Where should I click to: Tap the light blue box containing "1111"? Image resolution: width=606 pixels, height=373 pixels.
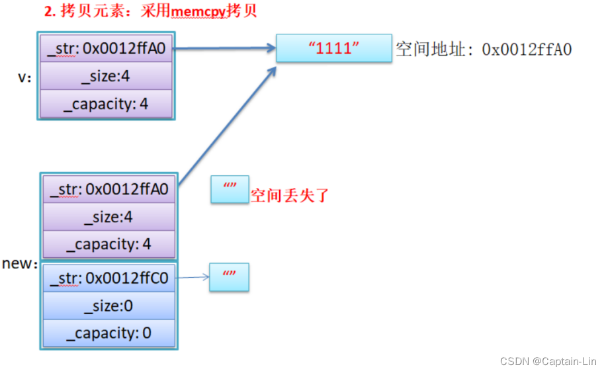[333, 49]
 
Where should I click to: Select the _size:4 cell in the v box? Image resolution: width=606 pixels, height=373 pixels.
[106, 76]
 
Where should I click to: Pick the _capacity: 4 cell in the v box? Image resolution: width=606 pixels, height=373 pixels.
[106, 104]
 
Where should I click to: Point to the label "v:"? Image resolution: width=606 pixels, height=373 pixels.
[25, 77]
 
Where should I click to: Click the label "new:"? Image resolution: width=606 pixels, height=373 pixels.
[20, 263]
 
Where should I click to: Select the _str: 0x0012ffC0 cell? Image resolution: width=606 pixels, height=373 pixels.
[109, 278]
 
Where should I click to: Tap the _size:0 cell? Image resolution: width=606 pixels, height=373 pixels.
[109, 306]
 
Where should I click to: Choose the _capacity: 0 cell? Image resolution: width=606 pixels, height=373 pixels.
[109, 333]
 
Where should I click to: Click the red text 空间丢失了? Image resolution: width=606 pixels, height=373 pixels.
[289, 195]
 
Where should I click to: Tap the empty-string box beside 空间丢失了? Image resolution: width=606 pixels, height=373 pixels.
[230, 190]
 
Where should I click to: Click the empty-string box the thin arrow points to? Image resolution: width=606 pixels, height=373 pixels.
[230, 277]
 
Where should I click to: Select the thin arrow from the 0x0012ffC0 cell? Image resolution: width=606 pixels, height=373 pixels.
[193, 278]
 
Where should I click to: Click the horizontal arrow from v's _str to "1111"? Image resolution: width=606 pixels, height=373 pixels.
[225, 48]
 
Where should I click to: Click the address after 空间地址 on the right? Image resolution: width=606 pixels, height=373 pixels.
[527, 50]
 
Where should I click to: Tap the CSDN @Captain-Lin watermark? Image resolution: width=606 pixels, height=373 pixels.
[548, 362]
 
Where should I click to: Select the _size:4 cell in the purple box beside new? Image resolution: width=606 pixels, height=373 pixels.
[109, 216]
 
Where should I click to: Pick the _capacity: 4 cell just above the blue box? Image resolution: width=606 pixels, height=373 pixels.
[109, 244]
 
